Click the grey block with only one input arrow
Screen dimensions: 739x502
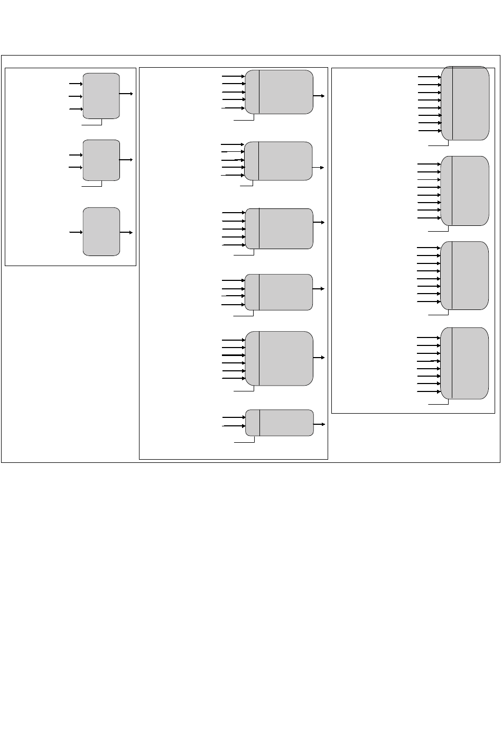[x=101, y=232]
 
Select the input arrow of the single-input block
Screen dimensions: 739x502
[x=76, y=232]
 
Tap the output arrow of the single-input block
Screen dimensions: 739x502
[x=126, y=232]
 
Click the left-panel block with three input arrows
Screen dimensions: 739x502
[x=101, y=96]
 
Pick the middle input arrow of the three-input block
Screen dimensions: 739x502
[x=76, y=96]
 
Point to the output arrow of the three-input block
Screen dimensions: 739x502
[x=126, y=93]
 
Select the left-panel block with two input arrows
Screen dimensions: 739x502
[x=101, y=160]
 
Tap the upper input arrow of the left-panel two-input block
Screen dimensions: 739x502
[x=76, y=155]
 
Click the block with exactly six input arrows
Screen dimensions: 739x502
[x=279, y=358]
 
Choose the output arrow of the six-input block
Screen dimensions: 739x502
[x=319, y=358]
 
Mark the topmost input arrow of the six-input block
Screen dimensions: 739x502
[x=233, y=340]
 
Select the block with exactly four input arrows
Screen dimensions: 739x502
[x=279, y=292]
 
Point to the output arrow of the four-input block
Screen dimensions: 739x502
[x=319, y=289]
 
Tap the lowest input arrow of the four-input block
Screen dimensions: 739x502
[x=233, y=305]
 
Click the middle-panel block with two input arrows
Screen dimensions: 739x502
[x=279, y=423]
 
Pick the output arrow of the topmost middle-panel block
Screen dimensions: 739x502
[x=319, y=96]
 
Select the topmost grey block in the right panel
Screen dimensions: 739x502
[x=465, y=103]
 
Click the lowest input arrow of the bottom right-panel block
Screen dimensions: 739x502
[x=429, y=392]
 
